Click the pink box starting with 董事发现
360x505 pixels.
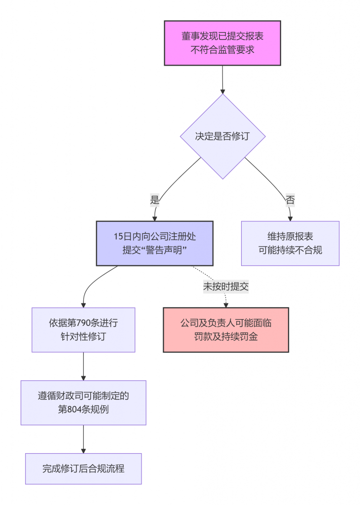222,43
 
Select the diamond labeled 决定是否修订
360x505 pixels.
222,137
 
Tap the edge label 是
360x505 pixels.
155,200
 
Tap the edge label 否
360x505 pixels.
290,200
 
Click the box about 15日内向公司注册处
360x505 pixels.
154,244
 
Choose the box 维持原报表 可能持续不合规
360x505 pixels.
290,244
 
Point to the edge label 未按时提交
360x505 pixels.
226,286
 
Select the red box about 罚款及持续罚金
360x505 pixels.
226,330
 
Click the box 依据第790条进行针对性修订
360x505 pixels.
83,330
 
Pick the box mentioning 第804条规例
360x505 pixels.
83,402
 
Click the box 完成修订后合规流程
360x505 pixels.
83,469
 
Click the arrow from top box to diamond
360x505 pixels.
222,79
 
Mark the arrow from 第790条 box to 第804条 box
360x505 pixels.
83,366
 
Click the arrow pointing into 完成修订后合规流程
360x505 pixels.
83,439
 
